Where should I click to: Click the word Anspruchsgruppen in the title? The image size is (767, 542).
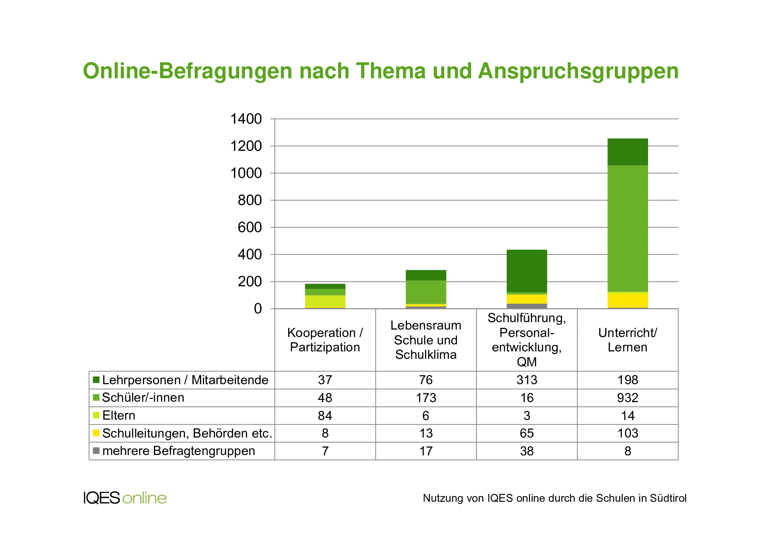coord(578,71)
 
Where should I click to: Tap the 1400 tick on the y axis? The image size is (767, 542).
coord(246,119)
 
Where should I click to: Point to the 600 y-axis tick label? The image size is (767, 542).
coord(250,227)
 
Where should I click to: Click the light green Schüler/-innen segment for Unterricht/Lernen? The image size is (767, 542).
coord(628,228)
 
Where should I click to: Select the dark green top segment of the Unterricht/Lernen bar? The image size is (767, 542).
coord(628,152)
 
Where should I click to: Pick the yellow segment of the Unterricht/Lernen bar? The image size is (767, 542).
coord(628,300)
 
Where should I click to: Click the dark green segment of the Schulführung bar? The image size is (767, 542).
coord(526,271)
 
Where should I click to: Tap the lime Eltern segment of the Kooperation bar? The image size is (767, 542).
coord(325,301)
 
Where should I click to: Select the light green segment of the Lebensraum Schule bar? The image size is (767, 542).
coord(426,292)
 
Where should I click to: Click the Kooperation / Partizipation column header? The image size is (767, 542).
coord(325,340)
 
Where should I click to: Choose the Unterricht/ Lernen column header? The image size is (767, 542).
coord(628,340)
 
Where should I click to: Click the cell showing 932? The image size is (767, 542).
coord(628,398)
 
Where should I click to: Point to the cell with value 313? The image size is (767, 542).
coord(526,380)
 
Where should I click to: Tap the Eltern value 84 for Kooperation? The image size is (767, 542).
coord(325,416)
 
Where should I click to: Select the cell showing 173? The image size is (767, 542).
coord(426,398)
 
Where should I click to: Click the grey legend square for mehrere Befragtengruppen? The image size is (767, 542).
coord(96,451)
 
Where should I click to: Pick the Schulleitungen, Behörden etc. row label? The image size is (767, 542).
coord(187,433)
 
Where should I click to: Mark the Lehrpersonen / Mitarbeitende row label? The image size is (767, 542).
coord(185,380)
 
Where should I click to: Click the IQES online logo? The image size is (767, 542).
coord(125,498)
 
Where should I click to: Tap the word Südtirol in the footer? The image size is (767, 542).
coord(668,498)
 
